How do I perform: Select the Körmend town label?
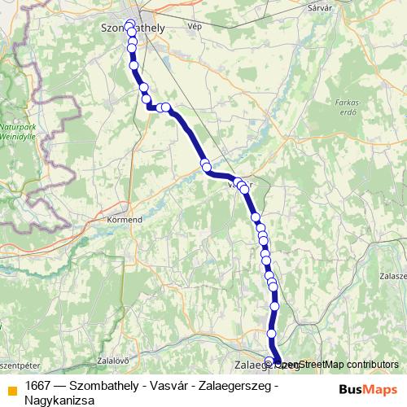[125, 220]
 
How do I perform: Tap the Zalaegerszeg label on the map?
[254, 365]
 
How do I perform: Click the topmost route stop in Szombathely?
[129, 22]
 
